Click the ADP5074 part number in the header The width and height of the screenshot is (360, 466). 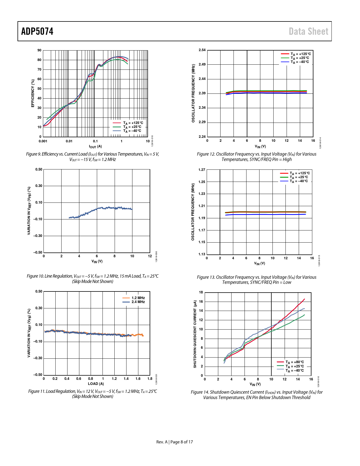37,31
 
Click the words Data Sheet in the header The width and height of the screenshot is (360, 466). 308,31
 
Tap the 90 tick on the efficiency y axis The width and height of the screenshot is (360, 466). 39,50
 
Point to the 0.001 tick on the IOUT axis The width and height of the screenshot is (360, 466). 43,141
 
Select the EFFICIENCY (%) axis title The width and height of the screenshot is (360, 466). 33,93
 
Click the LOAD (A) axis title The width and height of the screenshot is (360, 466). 96,384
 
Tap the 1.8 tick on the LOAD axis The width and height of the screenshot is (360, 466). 150,379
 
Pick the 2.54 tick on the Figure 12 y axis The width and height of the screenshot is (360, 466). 202,50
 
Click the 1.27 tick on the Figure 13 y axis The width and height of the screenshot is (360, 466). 202,170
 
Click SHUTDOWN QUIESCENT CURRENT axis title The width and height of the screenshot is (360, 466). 195,334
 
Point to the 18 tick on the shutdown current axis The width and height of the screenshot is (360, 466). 201,292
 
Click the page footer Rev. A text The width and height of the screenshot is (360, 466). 162,442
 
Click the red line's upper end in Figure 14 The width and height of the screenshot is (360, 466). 304,299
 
